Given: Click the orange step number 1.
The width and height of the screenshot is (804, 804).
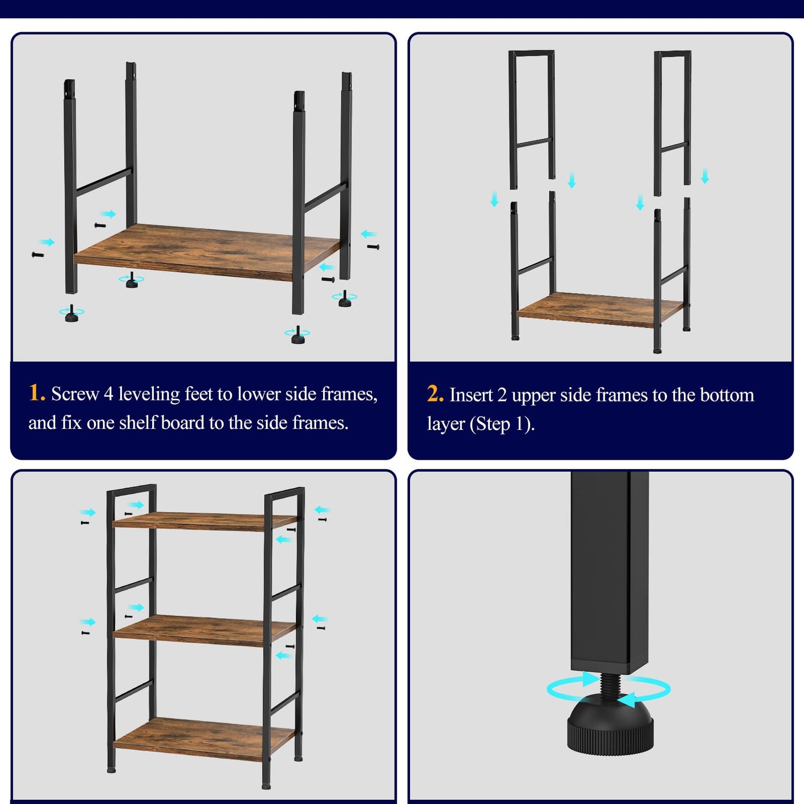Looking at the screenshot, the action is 37,393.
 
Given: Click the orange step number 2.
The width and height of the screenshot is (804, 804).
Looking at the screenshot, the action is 435,394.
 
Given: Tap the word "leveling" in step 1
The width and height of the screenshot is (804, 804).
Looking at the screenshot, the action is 149,394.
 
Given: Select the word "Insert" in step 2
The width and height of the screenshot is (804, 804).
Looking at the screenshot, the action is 471,395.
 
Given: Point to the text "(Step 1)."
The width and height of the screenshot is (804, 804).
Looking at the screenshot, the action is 502,425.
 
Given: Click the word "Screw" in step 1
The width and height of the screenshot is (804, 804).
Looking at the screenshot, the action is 75,394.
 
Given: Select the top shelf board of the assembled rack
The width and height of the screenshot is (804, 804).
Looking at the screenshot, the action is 204,520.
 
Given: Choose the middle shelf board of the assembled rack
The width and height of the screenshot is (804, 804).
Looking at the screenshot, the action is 204,630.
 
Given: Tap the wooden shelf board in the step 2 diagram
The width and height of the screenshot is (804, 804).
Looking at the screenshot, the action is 600,309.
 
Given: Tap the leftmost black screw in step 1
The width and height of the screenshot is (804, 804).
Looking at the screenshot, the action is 38,255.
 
